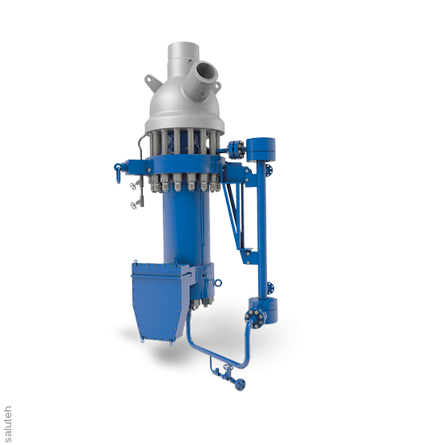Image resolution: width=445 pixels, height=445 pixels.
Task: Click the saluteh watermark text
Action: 8,424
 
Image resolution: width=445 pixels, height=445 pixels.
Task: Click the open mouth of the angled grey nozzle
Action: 206,71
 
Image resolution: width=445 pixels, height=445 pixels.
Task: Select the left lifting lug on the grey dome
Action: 152,83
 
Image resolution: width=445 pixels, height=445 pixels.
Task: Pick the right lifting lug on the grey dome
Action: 216,86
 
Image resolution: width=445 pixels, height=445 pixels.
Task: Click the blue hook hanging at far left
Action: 118,173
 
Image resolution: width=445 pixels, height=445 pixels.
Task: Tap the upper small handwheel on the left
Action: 133,186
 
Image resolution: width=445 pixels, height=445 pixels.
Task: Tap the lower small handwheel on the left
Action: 133,205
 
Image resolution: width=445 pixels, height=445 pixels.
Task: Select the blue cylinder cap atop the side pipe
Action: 261,149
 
